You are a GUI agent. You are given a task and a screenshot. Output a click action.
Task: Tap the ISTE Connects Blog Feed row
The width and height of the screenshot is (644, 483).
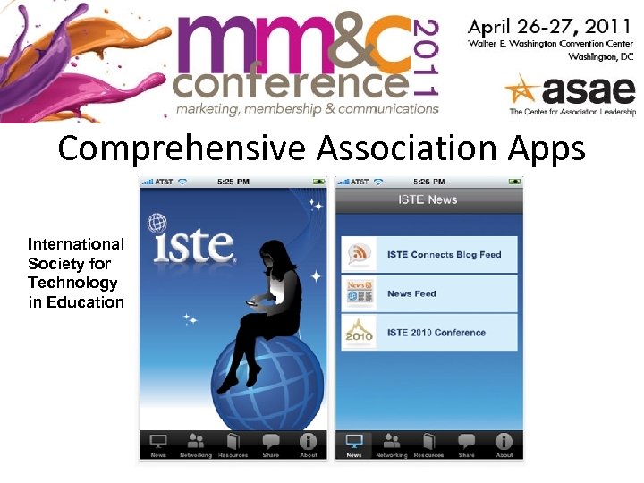tap(429, 254)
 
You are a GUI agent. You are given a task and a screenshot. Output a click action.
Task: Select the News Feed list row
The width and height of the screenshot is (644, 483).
tap(429, 293)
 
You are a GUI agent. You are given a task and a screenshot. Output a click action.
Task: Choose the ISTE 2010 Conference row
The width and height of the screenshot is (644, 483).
tap(429, 333)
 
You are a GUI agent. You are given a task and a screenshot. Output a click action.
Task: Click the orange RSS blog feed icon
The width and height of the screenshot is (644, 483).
tap(360, 254)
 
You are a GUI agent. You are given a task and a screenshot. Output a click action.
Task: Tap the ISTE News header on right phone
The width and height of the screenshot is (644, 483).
tap(429, 199)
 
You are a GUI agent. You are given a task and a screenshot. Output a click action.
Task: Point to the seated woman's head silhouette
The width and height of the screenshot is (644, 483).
tap(272, 257)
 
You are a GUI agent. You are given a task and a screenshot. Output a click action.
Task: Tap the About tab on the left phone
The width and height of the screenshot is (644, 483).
tap(308, 445)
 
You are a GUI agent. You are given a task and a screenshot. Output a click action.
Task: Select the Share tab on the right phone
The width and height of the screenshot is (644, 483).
tap(466, 445)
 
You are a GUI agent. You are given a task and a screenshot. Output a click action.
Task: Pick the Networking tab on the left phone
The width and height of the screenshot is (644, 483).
tap(196, 445)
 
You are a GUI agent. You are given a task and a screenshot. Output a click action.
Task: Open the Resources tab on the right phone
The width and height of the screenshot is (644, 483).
tap(428, 445)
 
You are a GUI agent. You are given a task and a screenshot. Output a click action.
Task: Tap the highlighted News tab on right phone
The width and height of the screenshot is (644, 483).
tap(354, 445)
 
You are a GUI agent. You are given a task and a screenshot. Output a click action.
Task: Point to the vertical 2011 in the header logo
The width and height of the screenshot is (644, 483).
tap(427, 56)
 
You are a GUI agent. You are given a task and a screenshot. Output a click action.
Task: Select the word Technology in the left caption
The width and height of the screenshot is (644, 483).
tap(72, 283)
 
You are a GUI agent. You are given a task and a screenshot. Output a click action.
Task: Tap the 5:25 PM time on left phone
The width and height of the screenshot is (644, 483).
tap(233, 182)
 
